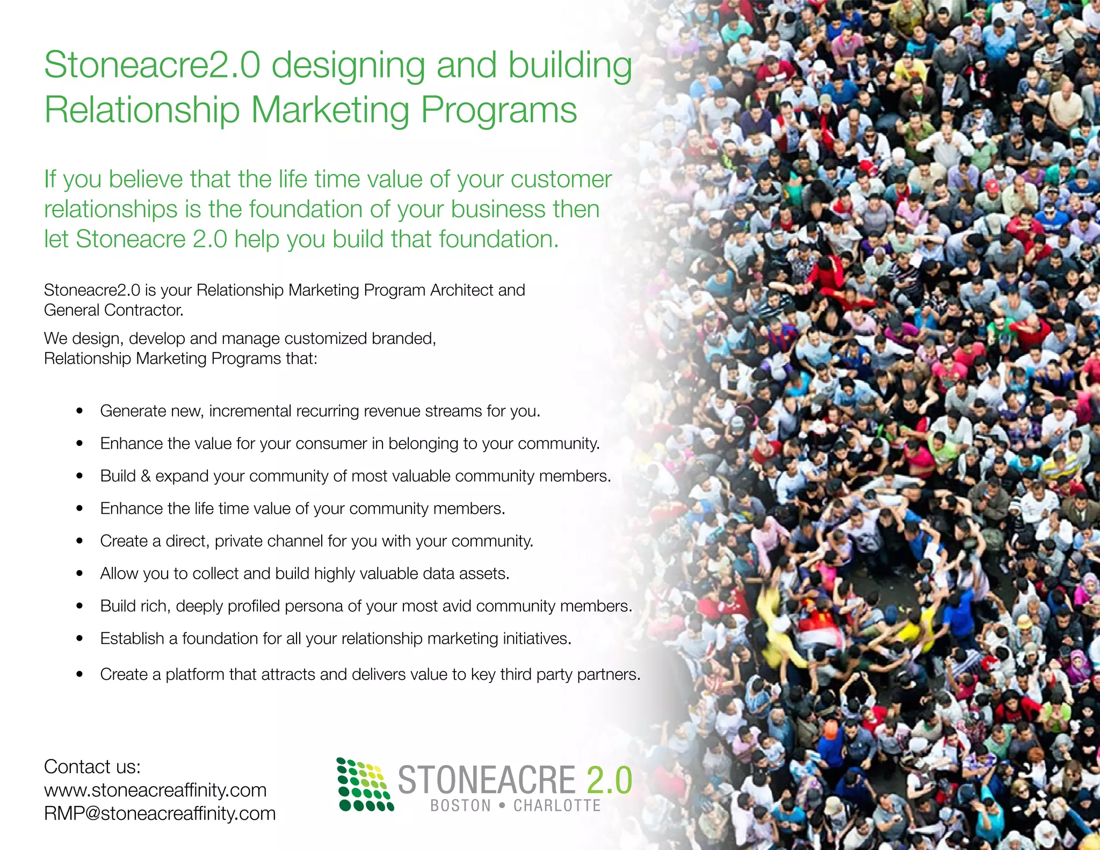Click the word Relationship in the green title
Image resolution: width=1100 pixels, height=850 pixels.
142,110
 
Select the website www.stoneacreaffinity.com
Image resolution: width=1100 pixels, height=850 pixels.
155,790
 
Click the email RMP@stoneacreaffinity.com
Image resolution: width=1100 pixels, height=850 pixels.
160,813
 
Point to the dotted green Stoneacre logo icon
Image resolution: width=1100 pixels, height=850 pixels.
365,784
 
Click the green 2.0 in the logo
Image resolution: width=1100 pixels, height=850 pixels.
609,780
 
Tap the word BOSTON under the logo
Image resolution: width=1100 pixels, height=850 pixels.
460,806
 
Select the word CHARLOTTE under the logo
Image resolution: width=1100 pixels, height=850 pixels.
557,806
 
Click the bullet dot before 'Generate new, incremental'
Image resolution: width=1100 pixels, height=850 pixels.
79,411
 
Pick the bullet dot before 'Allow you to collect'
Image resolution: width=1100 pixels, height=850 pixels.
79,574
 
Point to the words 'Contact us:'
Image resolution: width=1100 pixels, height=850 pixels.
92,767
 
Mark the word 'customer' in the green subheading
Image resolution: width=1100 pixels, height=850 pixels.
561,179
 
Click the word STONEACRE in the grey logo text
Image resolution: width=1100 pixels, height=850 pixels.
486,780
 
